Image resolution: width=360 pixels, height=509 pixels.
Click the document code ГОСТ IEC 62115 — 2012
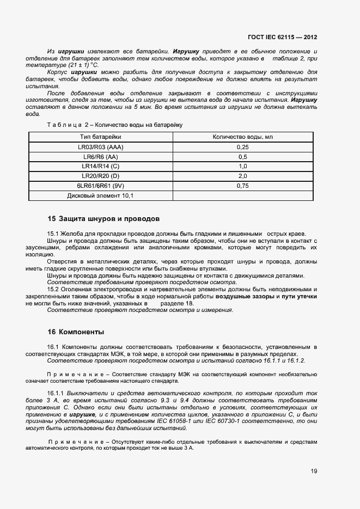[282, 38]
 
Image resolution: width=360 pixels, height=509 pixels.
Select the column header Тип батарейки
[100, 137]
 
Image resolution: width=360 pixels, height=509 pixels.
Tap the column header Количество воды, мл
[242, 137]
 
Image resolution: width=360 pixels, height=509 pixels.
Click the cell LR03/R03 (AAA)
[100, 147]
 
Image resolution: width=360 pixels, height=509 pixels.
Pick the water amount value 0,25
[242, 147]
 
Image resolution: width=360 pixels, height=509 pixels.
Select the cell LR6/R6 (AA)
[100, 157]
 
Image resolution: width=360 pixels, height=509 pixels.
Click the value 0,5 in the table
[242, 157]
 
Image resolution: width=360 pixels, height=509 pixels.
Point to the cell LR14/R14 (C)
[100, 166]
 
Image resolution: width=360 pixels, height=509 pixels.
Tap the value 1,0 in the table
[242, 166]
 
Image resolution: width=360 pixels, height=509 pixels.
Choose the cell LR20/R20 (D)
[100, 176]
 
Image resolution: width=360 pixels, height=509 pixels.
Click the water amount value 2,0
[242, 176]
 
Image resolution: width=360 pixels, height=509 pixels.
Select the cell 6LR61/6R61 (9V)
[100, 186]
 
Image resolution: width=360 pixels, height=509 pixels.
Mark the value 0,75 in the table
[242, 186]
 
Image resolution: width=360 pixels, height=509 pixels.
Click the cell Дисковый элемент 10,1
[100, 195]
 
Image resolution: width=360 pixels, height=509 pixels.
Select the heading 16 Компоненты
[76, 332]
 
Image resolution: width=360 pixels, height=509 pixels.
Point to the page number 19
[314, 471]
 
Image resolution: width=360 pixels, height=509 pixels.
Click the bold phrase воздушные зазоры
[245, 296]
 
